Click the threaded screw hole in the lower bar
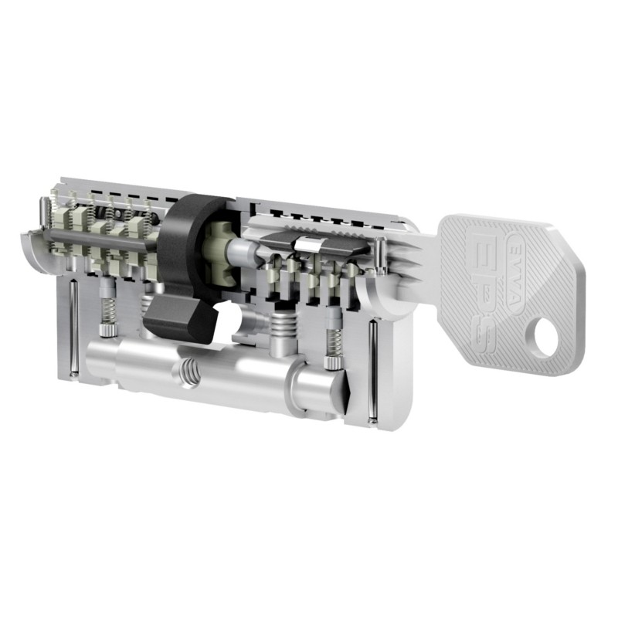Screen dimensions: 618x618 click(188, 373)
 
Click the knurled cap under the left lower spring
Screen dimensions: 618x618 click(107, 331)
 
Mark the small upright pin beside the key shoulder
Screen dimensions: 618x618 click(382, 257)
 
